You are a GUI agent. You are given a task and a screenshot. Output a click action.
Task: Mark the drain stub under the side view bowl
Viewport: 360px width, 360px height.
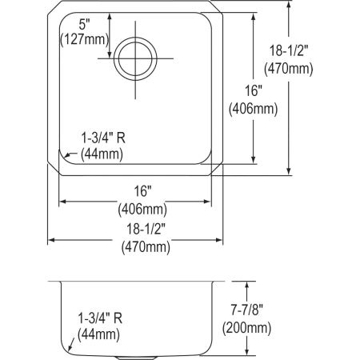click(x=134, y=355)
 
